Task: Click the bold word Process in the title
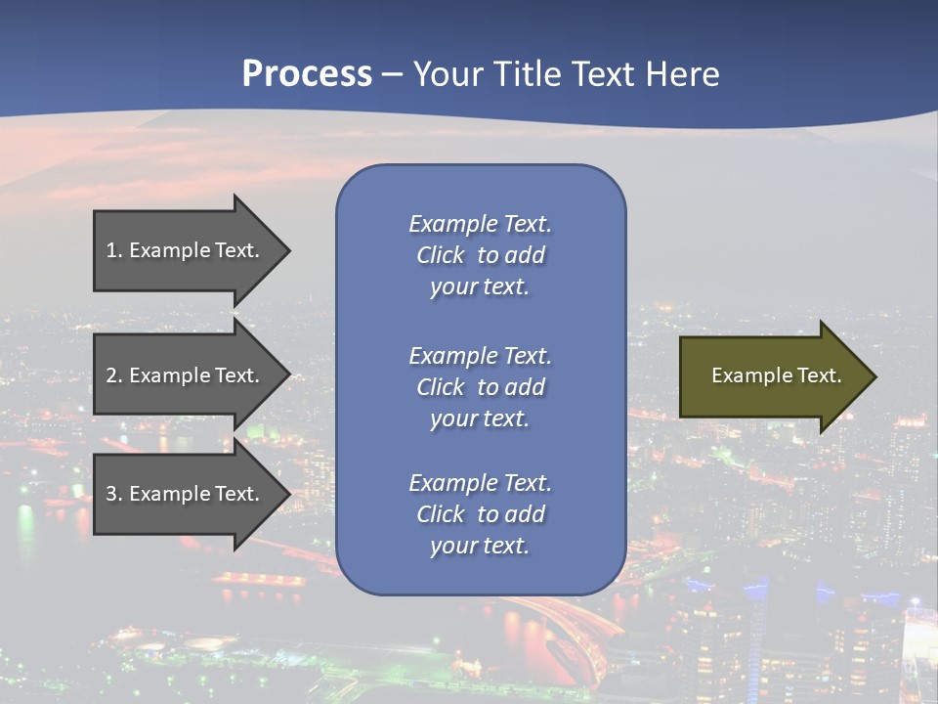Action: (x=307, y=74)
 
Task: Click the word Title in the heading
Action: (x=529, y=74)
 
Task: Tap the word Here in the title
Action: (x=679, y=74)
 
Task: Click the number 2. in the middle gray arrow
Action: (x=114, y=375)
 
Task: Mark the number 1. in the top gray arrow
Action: (x=114, y=250)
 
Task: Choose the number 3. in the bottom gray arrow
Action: (x=114, y=494)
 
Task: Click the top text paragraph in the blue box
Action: (x=481, y=255)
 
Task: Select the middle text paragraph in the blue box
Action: (x=481, y=387)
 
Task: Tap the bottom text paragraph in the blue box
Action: (x=481, y=514)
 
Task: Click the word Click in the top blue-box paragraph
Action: (x=441, y=255)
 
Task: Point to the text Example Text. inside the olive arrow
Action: (x=777, y=375)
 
